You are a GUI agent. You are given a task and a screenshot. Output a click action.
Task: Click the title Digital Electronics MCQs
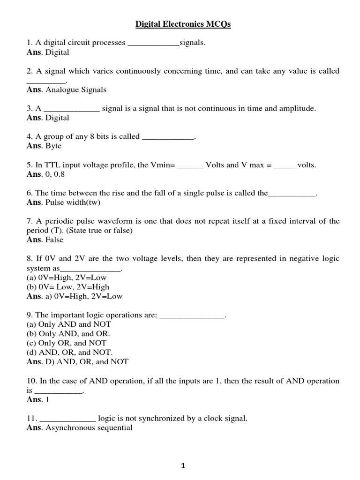pyautogui.click(x=183, y=24)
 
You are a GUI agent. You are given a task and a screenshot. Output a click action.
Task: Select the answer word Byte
pyautogui.click(x=53, y=146)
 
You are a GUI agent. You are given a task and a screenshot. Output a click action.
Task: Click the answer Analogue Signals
pyautogui.click(x=76, y=90)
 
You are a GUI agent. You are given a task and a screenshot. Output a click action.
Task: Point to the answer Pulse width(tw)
pyautogui.click(x=73, y=202)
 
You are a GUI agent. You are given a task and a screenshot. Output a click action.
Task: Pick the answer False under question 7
pyautogui.click(x=54, y=240)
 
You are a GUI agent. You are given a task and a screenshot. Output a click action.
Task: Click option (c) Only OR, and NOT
pyautogui.click(x=67, y=343)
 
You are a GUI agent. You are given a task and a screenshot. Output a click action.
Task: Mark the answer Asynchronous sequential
pyautogui.click(x=89, y=427)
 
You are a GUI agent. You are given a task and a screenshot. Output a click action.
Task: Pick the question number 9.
pyautogui.click(x=30, y=315)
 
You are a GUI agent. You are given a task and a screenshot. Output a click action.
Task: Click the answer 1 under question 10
pyautogui.click(x=47, y=399)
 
